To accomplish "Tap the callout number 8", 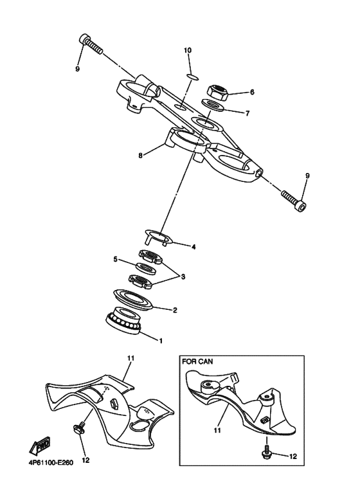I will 141,154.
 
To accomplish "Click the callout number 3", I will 183,277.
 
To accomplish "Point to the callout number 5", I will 115,260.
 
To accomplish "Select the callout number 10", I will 188,50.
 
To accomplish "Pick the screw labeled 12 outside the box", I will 80,430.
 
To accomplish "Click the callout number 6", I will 252,92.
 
